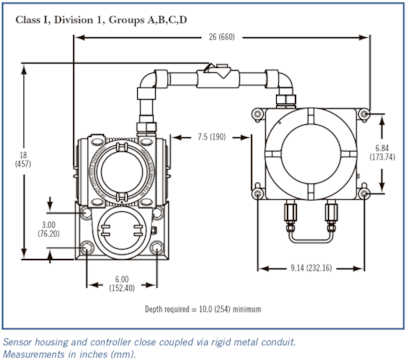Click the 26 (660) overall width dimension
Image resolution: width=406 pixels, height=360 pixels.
pyautogui.click(x=222, y=37)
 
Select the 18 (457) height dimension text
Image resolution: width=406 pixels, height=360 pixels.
pyautogui.click(x=23, y=159)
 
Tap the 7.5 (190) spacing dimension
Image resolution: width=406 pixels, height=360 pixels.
pyautogui.click(x=211, y=137)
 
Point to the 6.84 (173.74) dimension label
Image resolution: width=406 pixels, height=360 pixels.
pyautogui.click(x=382, y=152)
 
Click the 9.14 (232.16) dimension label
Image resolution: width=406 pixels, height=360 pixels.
pyautogui.click(x=311, y=268)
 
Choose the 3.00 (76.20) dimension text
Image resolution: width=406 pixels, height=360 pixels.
pyautogui.click(x=49, y=229)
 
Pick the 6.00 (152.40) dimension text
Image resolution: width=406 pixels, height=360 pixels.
pyautogui.click(x=122, y=284)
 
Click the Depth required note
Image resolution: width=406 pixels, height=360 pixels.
pyautogui.click(x=203, y=309)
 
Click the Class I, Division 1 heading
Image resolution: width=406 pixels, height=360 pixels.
pyautogui.click(x=101, y=20)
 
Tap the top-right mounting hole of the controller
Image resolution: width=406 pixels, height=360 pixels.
pyautogui.click(x=364, y=114)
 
